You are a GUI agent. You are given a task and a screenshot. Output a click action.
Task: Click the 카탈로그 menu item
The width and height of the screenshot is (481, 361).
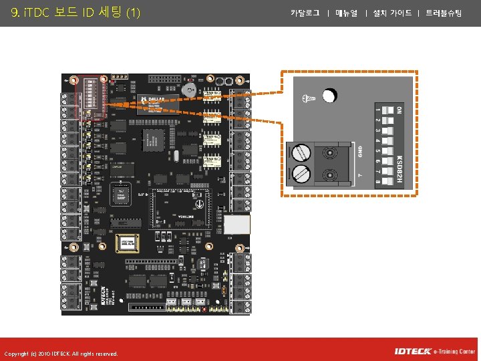[305, 13]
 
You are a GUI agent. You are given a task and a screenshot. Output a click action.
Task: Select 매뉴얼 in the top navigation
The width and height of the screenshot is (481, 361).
[347, 13]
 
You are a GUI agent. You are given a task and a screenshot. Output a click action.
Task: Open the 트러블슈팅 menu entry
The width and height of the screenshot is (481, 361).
[444, 13]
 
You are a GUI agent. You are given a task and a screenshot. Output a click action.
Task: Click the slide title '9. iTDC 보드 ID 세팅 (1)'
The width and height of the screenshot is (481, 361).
[75, 13]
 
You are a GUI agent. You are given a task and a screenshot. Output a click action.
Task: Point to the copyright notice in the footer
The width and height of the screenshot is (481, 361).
[61, 354]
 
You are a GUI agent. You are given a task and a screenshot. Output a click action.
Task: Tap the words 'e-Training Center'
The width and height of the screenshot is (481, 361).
[454, 352]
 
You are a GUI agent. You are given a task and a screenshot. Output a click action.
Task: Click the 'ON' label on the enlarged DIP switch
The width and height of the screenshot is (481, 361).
[399, 109]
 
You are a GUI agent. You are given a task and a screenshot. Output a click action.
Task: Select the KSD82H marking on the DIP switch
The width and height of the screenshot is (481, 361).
[399, 169]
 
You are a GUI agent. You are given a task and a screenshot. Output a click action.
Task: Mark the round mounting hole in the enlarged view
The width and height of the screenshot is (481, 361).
[329, 96]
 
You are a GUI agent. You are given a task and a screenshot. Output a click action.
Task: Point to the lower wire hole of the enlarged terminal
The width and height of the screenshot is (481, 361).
[329, 175]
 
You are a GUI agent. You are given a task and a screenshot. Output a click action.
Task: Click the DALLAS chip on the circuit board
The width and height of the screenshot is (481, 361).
[156, 102]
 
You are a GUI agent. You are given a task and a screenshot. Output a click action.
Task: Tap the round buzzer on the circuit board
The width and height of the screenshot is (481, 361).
[190, 90]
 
